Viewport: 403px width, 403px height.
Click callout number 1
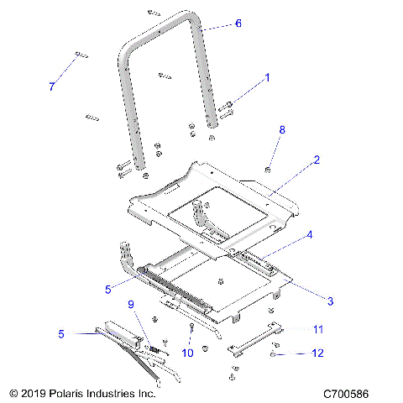267,77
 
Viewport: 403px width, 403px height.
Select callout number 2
317,159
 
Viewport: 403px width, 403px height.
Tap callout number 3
330,300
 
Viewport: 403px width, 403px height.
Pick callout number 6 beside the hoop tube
238,24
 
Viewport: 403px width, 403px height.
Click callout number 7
51,86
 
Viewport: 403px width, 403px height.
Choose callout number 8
282,130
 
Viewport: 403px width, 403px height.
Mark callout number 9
131,303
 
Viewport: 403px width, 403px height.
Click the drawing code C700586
348,392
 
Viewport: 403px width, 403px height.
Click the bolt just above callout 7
80,56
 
